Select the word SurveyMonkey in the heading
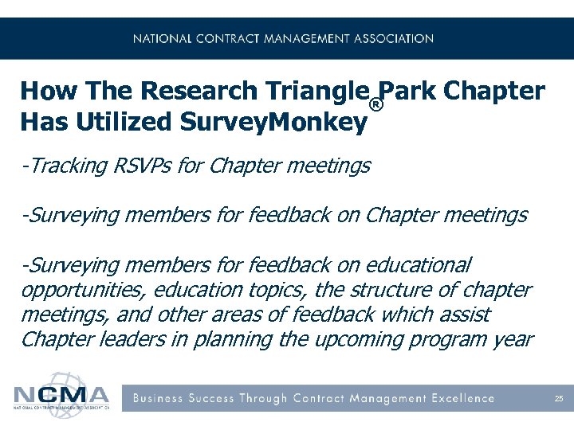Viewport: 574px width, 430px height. click(273, 123)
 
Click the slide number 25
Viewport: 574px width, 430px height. click(559, 398)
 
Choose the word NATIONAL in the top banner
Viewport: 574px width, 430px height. click(163, 38)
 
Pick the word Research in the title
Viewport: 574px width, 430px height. click(190, 92)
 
